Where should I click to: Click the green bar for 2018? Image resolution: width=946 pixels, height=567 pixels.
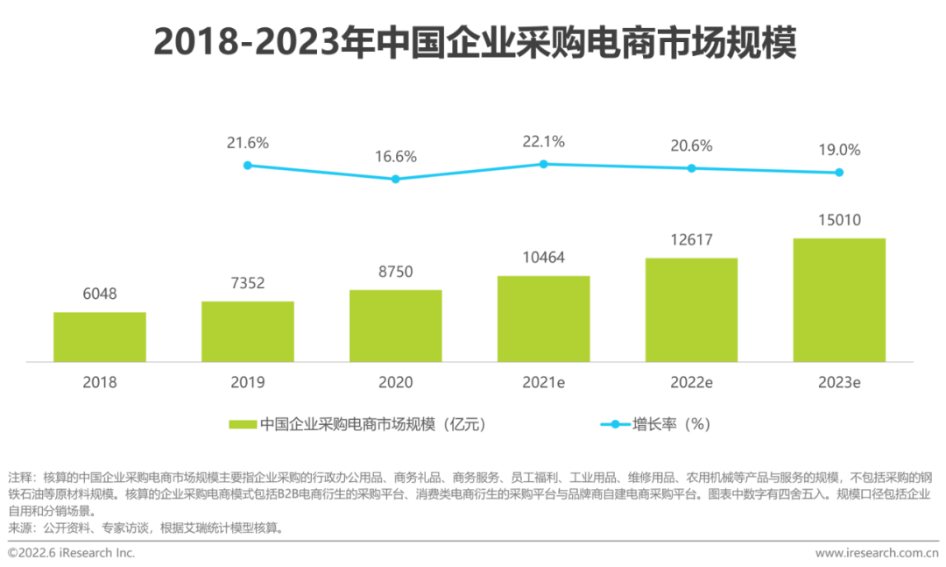[100, 337]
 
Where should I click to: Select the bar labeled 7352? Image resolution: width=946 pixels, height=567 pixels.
[248, 331]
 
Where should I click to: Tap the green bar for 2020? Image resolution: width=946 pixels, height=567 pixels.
[395, 325]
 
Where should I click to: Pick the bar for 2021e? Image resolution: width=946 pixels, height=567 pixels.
[543, 318]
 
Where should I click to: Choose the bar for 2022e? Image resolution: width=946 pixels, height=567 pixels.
[691, 309]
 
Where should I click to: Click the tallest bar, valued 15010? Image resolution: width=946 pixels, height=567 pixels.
[839, 300]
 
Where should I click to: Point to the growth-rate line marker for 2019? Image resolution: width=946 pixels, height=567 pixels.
[248, 165]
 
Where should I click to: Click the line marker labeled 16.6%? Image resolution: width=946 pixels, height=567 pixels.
[395, 179]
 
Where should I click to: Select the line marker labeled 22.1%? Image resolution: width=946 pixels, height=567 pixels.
[543, 164]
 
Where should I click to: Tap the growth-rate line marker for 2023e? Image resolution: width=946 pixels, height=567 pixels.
[839, 172]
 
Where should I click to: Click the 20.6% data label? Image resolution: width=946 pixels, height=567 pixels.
[691, 146]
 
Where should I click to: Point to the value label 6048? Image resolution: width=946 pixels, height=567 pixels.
[100, 294]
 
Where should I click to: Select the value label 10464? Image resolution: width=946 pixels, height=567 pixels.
[543, 258]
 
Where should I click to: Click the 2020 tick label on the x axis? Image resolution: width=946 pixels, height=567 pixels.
[395, 383]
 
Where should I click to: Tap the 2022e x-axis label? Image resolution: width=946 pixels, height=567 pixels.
[691, 383]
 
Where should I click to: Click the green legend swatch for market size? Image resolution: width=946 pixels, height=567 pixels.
[242, 424]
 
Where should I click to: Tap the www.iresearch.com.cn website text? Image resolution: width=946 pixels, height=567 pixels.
[875, 553]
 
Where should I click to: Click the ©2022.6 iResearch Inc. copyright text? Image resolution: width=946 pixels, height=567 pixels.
[71, 553]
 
